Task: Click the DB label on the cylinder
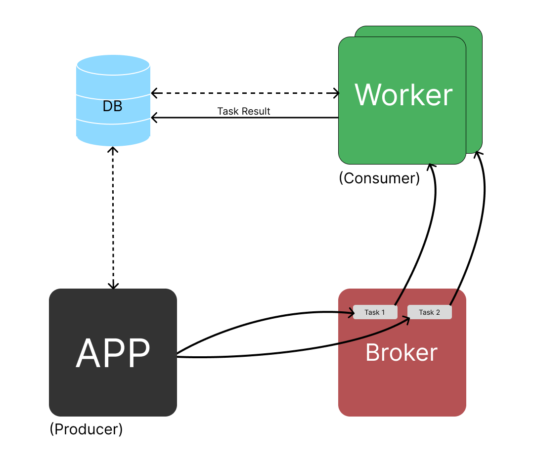pyautogui.click(x=113, y=106)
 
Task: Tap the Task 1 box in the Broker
pyautogui.click(x=375, y=312)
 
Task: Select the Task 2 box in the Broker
pyautogui.click(x=429, y=312)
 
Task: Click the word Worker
pyautogui.click(x=403, y=95)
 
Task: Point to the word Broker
pyautogui.click(x=401, y=353)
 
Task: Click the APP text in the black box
pyautogui.click(x=113, y=353)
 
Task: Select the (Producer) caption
pyautogui.click(x=86, y=429)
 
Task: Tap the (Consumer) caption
pyautogui.click(x=379, y=178)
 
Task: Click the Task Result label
pyautogui.click(x=244, y=111)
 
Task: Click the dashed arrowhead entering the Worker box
pyautogui.click(x=337, y=92)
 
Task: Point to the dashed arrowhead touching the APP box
pyautogui.click(x=114, y=286)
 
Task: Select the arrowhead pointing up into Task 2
pyautogui.click(x=409, y=319)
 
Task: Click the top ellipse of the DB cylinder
pyautogui.click(x=113, y=65)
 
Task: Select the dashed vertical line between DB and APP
pyautogui.click(x=114, y=217)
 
